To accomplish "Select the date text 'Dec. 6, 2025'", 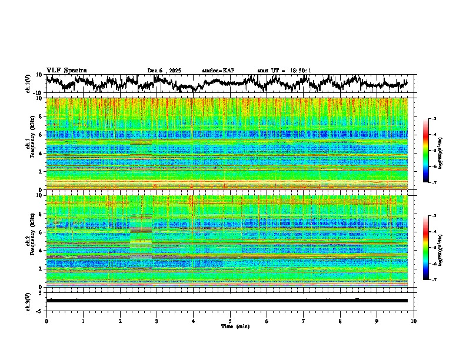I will [x=165, y=71].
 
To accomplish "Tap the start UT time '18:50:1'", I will [x=299, y=71].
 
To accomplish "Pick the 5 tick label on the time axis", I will [x=230, y=320].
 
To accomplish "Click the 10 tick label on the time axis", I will [x=414, y=320].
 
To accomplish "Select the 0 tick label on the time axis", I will [x=46, y=320].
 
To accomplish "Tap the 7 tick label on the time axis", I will [x=304, y=320].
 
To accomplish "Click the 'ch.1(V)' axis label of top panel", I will [x=28, y=84].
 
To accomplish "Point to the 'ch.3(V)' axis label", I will [x=28, y=300].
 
